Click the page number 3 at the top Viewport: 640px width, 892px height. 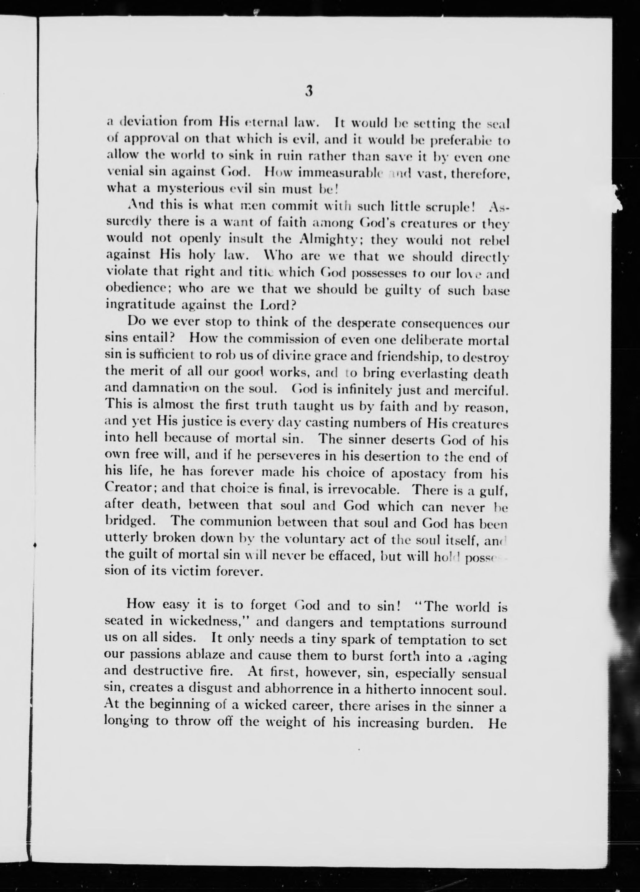309,92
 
